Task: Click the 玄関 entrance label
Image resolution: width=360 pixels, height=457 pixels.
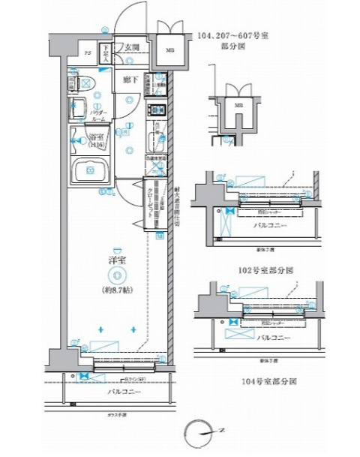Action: pos(133,47)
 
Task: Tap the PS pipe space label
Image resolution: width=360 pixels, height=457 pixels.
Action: pos(88,53)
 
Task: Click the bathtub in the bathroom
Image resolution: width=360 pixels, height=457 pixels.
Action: pos(89,171)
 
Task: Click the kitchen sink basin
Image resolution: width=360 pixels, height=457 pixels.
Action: pos(158,139)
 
